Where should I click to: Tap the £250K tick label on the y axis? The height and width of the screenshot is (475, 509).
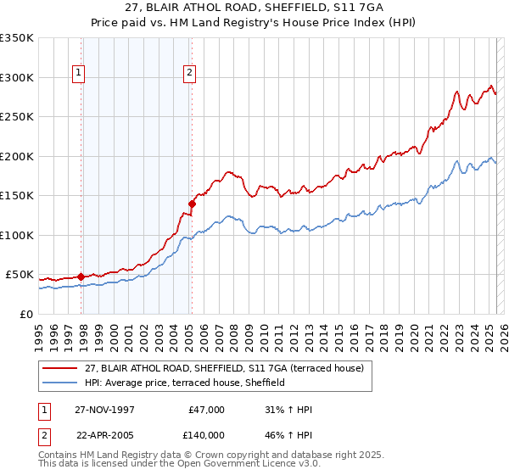point(16,117)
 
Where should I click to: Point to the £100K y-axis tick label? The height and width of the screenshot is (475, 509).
point(16,235)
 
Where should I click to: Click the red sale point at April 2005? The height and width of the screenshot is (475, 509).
point(193,204)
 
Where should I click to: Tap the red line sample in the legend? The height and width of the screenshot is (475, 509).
point(60,368)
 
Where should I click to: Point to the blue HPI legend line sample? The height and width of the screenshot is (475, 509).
point(60,383)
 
